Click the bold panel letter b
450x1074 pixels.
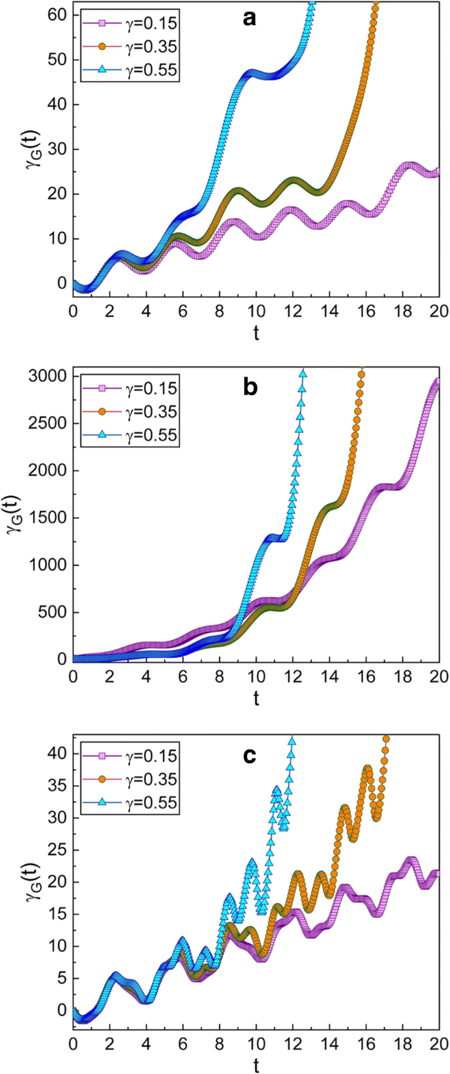[x=250, y=388]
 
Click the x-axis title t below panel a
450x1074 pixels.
[x=256, y=333]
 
